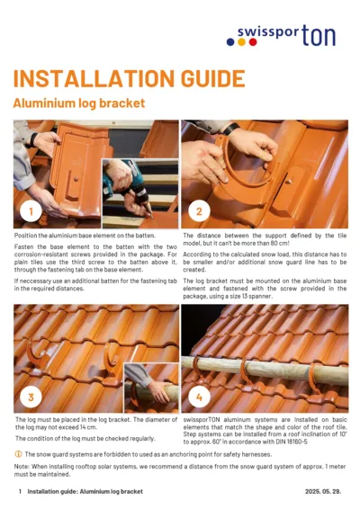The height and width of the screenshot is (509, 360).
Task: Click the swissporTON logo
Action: coord(292,35)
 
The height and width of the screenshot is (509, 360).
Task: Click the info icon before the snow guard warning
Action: coord(18,454)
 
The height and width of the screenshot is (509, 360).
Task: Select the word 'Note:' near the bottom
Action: coord(23,467)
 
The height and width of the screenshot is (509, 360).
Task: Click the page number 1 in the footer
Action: coord(18,493)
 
